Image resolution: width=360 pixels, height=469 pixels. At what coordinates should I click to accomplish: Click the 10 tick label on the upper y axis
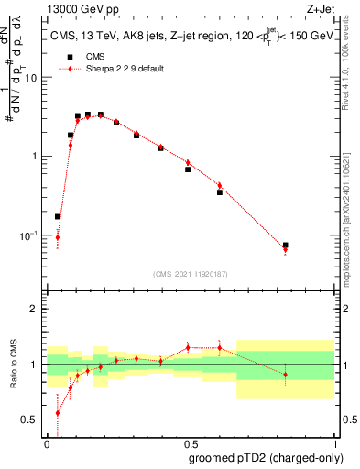(33, 78)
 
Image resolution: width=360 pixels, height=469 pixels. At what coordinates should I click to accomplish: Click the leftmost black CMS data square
(58, 217)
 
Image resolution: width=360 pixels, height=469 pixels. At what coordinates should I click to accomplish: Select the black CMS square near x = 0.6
(220, 192)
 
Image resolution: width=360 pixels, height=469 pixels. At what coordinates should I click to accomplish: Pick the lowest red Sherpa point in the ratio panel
(58, 412)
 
